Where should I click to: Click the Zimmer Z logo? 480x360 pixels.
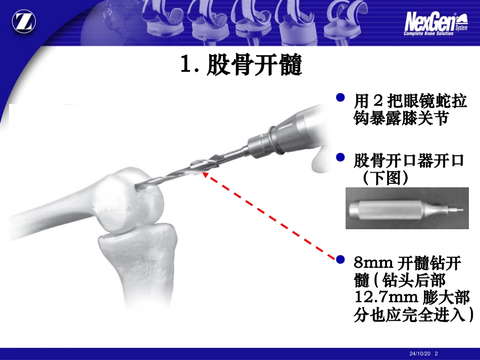pyautogui.click(x=24, y=22)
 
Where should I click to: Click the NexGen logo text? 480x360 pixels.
pyautogui.click(x=430, y=22)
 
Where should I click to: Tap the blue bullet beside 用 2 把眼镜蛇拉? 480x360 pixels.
pyautogui.click(x=341, y=97)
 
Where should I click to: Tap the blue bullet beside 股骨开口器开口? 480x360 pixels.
pyautogui.click(x=341, y=157)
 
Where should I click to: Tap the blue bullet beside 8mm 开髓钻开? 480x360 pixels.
pyautogui.click(x=341, y=260)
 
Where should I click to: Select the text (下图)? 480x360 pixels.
pyautogui.click(x=385, y=178)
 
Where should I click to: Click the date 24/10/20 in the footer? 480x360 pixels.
pyautogui.click(x=420, y=353)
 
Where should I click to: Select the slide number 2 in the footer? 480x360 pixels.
pyautogui.click(x=436, y=353)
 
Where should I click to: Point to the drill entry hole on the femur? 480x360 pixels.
pyautogui.click(x=138, y=187)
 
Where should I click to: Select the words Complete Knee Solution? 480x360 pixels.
pyautogui.click(x=428, y=33)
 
